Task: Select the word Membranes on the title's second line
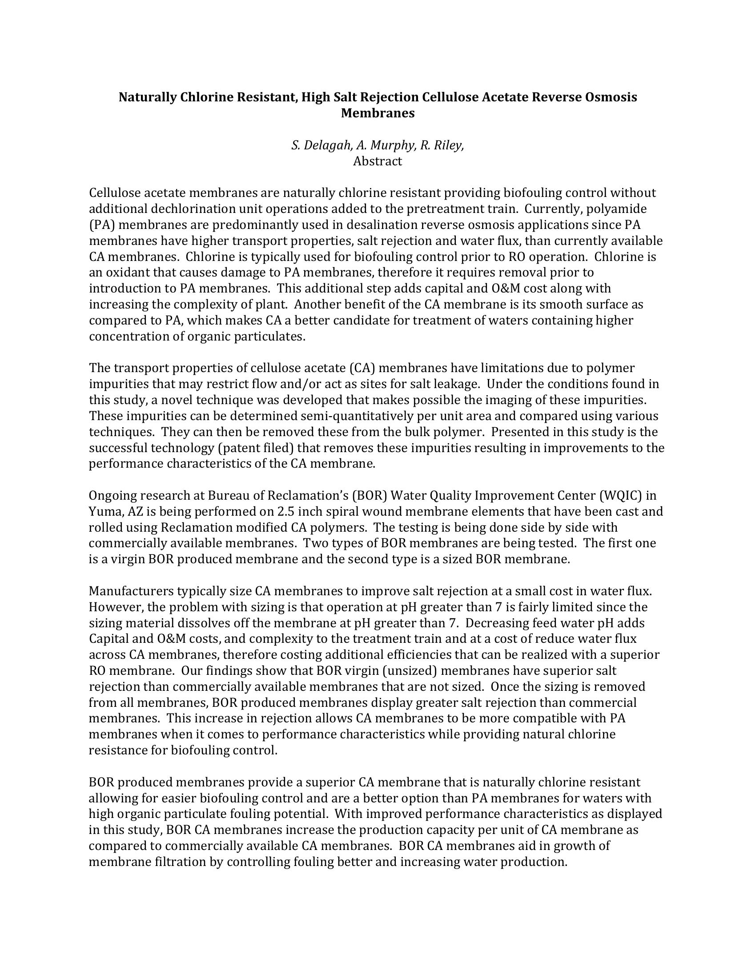[x=378, y=113]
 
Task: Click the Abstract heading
[x=378, y=161]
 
